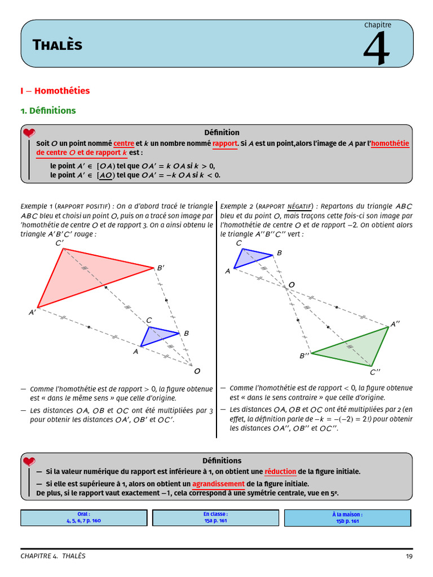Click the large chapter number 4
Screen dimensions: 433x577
(376, 48)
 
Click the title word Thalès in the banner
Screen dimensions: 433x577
(58, 45)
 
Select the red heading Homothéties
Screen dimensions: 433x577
(62, 91)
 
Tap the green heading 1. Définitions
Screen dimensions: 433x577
(48, 110)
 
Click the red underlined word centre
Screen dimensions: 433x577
(123, 144)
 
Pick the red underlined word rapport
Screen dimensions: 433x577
(224, 144)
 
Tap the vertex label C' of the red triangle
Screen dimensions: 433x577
(60, 243)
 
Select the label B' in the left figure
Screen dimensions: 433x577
(161, 268)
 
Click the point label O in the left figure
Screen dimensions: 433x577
(197, 371)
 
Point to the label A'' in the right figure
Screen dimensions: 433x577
(395, 324)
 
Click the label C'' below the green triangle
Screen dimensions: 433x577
(375, 372)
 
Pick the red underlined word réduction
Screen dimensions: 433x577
(280, 472)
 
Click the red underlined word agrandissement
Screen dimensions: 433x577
(218, 484)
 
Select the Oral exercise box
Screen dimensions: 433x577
(84, 518)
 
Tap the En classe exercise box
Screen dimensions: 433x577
(216, 518)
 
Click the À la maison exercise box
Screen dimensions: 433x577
(347, 518)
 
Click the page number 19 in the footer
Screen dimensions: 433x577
(409, 556)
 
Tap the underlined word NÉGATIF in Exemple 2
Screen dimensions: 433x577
(299, 206)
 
